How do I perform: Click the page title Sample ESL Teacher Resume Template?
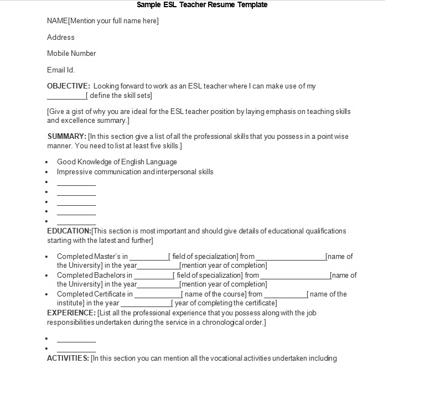[x=202, y=5]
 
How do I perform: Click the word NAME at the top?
[x=57, y=21]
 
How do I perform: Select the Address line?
[x=60, y=37]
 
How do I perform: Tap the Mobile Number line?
[x=71, y=54]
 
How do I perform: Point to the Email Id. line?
[x=60, y=70]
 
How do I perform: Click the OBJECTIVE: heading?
[x=69, y=86]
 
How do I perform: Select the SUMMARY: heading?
[x=66, y=137]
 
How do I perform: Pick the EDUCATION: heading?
[x=69, y=231]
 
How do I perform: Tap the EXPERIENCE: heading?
[x=71, y=313]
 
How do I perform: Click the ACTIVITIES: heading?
[x=68, y=358]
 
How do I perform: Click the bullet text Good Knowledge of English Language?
[x=117, y=162]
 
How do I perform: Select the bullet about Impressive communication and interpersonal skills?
[x=135, y=172]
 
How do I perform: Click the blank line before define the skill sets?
[x=66, y=96]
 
